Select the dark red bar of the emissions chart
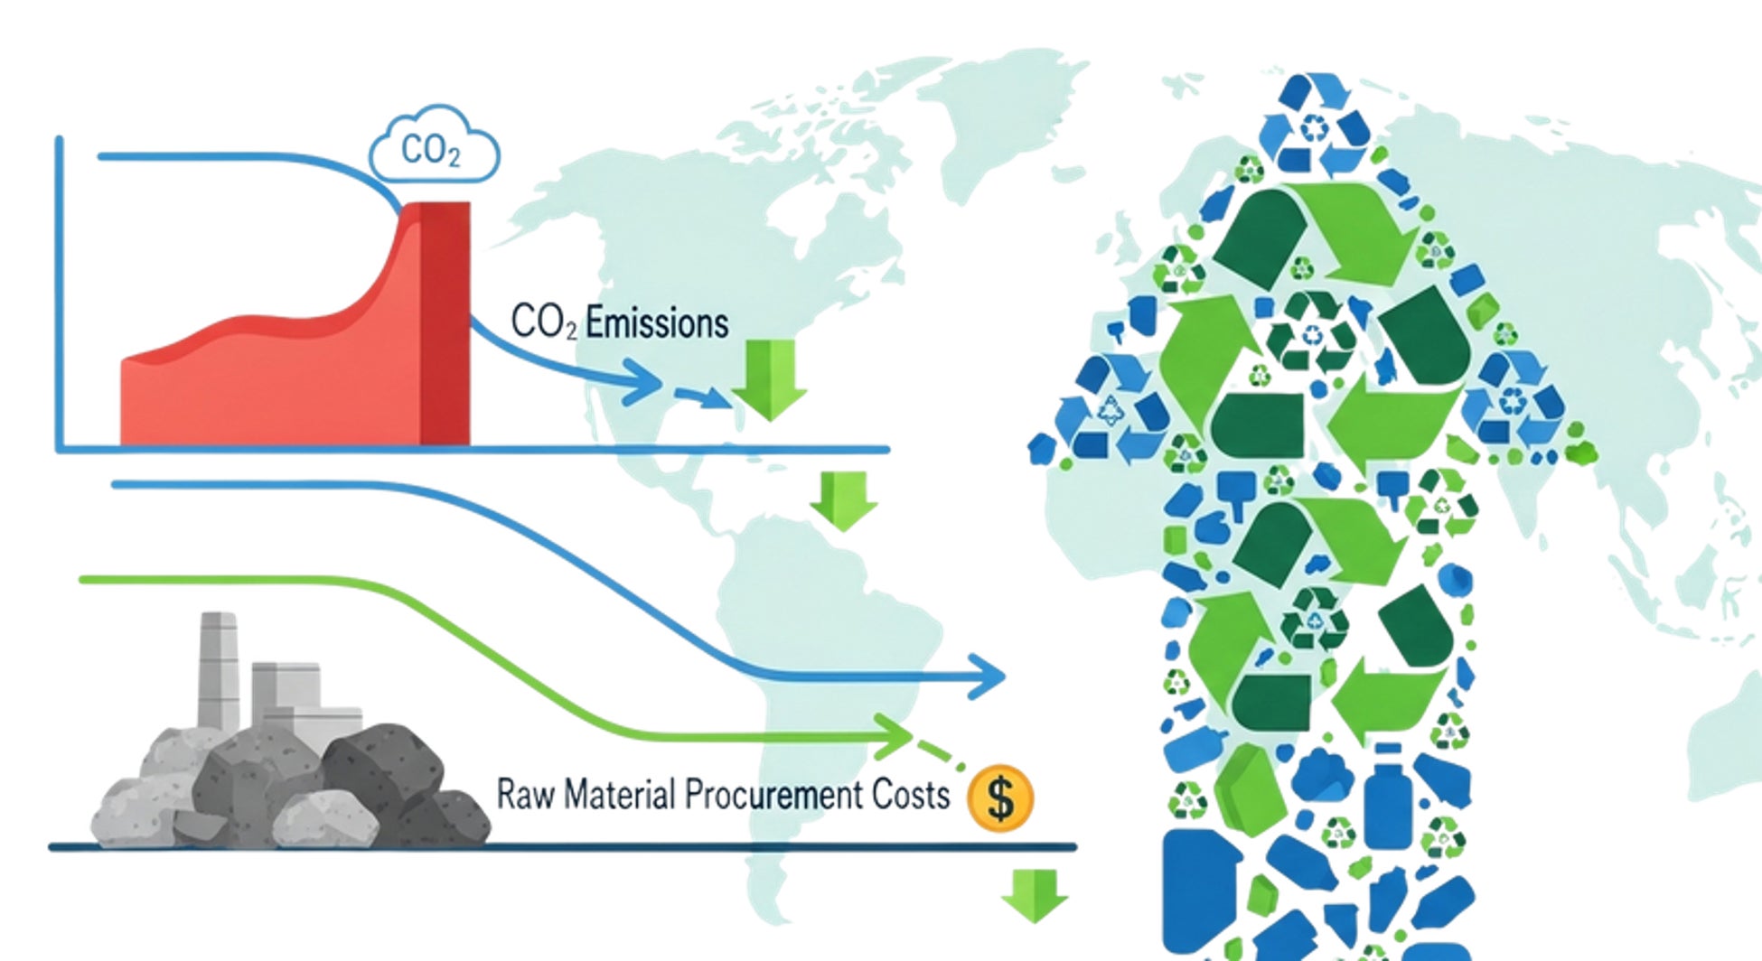(x=445, y=325)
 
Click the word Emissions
(x=657, y=323)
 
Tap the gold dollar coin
(x=999, y=798)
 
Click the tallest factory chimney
(x=218, y=668)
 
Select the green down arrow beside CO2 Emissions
(x=769, y=379)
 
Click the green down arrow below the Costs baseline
(x=1035, y=894)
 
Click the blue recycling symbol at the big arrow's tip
(x=1315, y=126)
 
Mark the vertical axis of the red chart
(x=60, y=289)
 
